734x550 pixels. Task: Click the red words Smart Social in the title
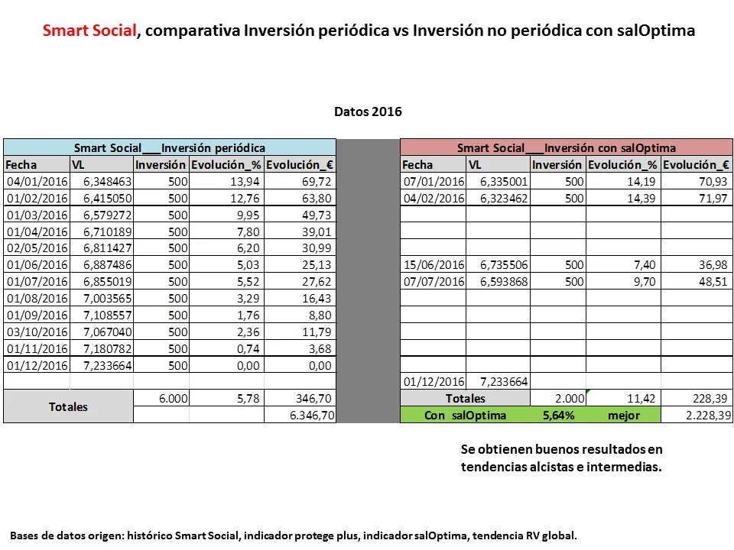tap(89, 31)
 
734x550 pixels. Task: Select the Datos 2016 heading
tap(368, 112)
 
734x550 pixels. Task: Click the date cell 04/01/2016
tap(37, 182)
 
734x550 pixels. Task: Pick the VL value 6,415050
tap(101, 198)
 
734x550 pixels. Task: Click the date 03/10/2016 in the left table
tap(37, 332)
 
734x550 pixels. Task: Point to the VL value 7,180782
tap(101, 348)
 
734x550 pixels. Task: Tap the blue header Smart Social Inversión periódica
tap(170, 147)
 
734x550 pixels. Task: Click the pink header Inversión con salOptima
tap(566, 147)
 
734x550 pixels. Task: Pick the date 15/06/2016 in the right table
tap(433, 265)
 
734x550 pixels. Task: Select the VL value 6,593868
tap(498, 282)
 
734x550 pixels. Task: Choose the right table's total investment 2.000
tap(569, 398)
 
